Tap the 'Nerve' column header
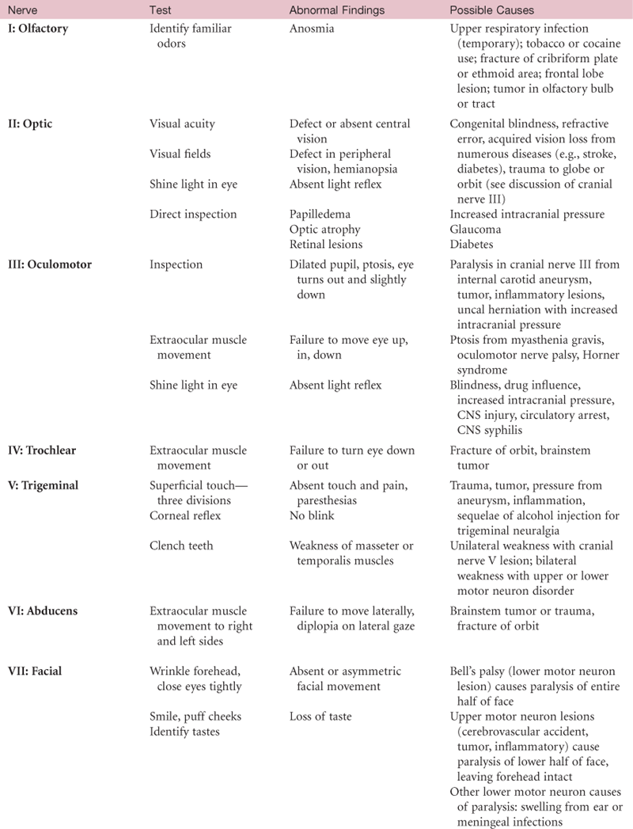(21, 10)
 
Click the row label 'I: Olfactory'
(38, 29)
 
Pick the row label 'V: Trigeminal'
(44, 485)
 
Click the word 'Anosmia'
(312, 29)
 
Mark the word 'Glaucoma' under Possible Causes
(477, 229)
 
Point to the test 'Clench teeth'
(180, 546)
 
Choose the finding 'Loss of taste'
(320, 717)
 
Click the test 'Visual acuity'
(182, 124)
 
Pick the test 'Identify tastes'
(185, 732)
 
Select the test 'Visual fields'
(181, 154)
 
